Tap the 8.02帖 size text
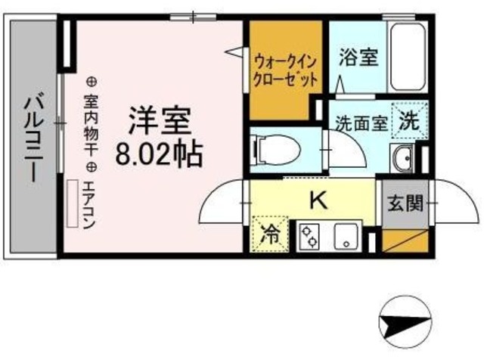159,155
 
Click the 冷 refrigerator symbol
269,234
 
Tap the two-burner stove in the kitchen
309,236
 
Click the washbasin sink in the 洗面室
401,160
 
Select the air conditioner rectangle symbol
73,203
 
